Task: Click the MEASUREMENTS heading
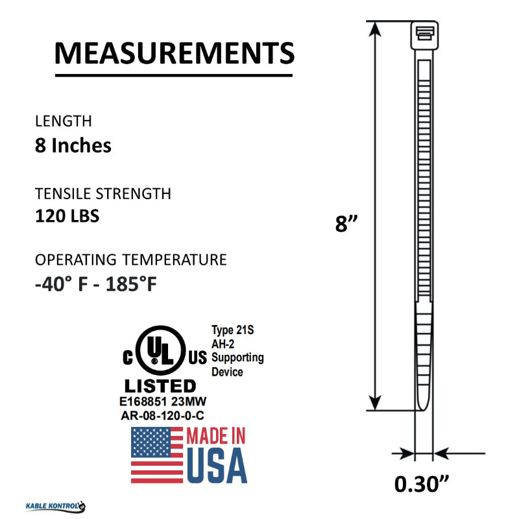174,53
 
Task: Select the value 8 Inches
73,145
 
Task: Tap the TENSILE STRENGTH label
103,193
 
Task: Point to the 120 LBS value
67,216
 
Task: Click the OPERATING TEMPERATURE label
131,260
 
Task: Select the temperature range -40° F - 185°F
96,284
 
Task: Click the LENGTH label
64,121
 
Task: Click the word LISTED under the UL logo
160,386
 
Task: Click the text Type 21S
233,330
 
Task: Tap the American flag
157,455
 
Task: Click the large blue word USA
217,466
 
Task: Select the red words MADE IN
217,436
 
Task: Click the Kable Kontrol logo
56,506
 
